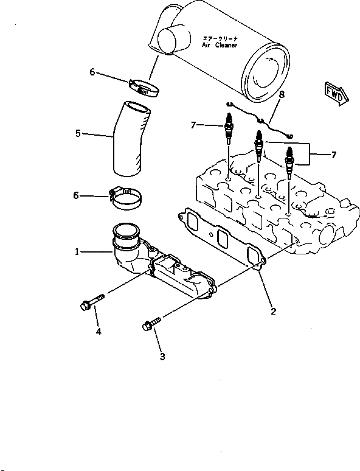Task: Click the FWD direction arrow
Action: [336, 94]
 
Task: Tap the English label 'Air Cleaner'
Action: [220, 46]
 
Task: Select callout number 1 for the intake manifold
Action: [77, 252]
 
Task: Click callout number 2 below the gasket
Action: [273, 312]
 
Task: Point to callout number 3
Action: [162, 357]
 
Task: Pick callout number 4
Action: [99, 331]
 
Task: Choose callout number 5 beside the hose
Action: [78, 133]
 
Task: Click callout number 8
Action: [281, 94]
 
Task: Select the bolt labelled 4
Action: [92, 302]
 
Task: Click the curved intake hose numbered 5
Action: [131, 139]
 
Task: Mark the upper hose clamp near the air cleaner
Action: [144, 88]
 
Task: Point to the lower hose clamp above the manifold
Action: [125, 198]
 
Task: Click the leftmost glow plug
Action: [229, 128]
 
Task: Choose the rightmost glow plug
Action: [289, 162]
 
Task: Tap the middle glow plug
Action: [258, 146]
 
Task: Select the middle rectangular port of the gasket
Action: [223, 239]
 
